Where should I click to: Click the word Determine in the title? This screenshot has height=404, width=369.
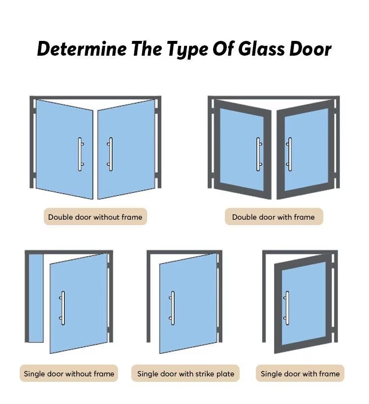coord(82,49)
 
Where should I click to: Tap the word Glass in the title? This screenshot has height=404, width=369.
coord(261,49)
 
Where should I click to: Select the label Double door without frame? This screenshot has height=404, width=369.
coord(95,217)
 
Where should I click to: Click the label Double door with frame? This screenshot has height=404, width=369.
coord(274,217)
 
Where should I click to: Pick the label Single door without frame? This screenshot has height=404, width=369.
coord(69,373)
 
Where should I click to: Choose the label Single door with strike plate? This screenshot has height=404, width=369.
coord(185,373)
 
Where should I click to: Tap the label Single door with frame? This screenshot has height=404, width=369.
coord(300,373)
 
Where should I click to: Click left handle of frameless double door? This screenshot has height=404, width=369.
coord(80,154)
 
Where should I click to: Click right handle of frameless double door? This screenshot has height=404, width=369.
coord(110,154)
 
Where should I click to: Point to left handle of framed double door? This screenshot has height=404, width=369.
coord(259,154)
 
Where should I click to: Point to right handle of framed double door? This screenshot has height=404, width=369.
coord(289,154)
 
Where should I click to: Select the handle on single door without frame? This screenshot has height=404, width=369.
coord(62,308)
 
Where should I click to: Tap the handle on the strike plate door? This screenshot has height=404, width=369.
coord(172,308)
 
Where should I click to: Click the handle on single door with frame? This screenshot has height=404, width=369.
coord(287,308)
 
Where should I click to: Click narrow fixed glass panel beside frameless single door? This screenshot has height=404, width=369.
coord(36,298)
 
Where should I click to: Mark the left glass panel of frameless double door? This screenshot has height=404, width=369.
coord(64,149)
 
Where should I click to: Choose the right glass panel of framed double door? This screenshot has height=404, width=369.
coord(306,150)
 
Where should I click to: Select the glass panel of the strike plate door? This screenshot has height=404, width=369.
coord(188,303)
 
